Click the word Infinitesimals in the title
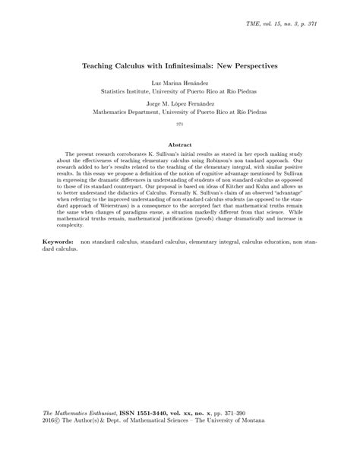pyautogui.click(x=187, y=67)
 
